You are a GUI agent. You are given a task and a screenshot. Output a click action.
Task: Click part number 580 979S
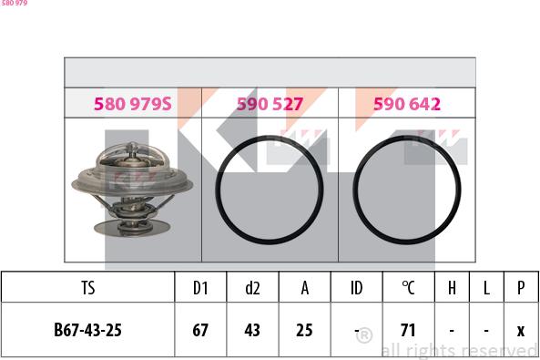pos(133,104)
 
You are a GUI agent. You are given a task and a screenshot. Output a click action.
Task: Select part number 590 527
pos(270,104)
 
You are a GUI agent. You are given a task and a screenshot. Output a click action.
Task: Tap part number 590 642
pos(407,104)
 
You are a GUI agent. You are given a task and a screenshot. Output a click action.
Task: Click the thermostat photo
pos(132,190)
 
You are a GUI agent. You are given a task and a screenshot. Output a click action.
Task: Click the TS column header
pos(88,288)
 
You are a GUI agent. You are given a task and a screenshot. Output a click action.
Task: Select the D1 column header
pos(200,288)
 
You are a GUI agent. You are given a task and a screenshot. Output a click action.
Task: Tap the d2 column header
pos(252,288)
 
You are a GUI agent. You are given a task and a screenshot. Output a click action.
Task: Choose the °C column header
pos(409,288)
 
